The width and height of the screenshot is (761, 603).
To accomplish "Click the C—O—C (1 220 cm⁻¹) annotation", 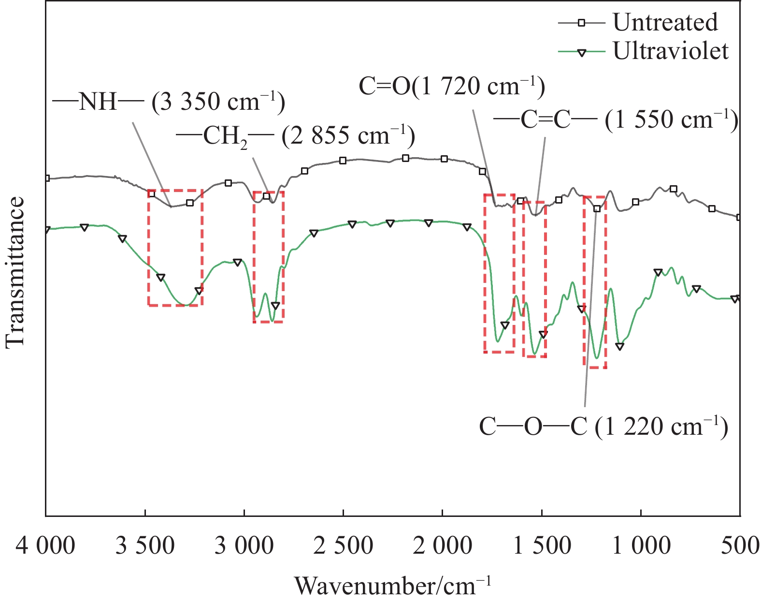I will click(x=603, y=427).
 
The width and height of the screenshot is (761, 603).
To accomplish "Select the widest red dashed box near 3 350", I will click(x=175, y=248).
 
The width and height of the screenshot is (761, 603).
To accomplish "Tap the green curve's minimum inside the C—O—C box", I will click(x=597, y=358).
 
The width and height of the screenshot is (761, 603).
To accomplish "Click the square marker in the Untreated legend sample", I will click(x=582, y=22).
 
